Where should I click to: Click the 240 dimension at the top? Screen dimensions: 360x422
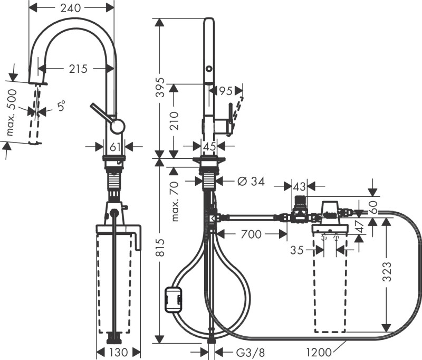coord(70,8)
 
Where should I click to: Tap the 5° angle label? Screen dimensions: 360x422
coord(62,106)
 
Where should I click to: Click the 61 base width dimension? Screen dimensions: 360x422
coord(114,147)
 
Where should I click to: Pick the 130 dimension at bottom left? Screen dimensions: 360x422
coord(118,352)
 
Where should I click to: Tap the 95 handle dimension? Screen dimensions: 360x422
coord(225,91)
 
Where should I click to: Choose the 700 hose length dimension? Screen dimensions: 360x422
coord(251,234)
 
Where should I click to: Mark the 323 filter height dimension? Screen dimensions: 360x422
coord(388,272)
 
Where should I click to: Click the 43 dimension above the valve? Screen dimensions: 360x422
coord(299,186)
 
